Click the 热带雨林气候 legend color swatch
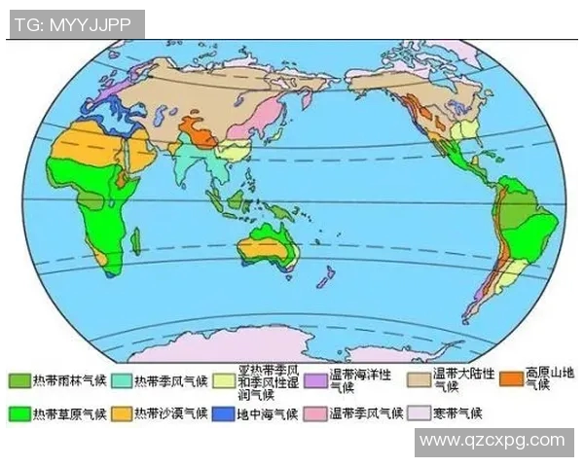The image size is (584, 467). (x=19, y=379)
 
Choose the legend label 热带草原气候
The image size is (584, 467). (x=64, y=413)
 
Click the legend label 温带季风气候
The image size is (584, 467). (x=365, y=413)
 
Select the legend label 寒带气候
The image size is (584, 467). (x=456, y=413)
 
